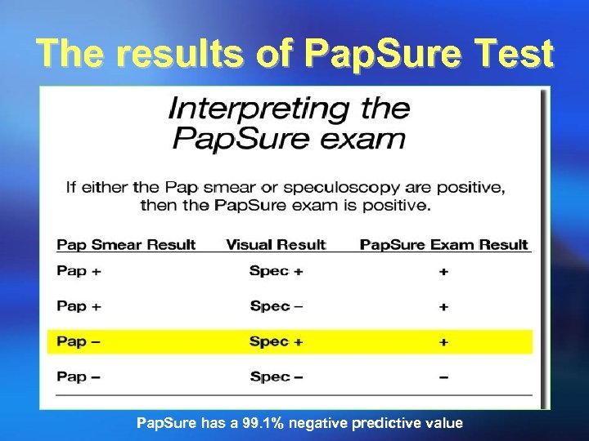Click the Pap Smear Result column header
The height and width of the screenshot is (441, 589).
coord(126,244)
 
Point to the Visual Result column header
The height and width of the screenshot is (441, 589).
coord(276,244)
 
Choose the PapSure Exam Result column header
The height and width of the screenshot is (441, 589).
coord(444,244)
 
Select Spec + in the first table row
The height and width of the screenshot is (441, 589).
coord(276,271)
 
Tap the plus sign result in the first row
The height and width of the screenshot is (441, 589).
coord(443,272)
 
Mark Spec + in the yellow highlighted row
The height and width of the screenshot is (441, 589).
coord(276,341)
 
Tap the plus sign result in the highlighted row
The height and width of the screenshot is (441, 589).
coord(443,342)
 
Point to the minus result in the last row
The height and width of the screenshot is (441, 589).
coord(443,376)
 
